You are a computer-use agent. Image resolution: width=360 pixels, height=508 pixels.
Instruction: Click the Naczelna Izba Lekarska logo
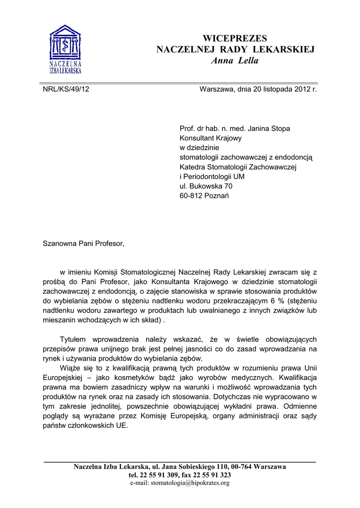[x=66, y=49]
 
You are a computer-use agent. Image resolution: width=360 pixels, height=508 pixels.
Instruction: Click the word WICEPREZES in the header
[x=235, y=38]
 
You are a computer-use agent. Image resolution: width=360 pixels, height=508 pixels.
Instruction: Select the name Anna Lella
[x=235, y=61]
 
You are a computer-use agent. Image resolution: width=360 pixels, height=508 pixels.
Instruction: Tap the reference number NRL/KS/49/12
[x=66, y=89]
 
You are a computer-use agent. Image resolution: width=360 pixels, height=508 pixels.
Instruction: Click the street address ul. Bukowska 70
[x=206, y=186]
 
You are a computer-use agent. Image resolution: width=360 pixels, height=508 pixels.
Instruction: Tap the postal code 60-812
[x=191, y=195]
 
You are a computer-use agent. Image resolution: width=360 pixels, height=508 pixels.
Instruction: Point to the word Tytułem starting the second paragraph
[x=75, y=339]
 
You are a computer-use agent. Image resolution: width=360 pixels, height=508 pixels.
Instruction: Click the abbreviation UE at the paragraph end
[x=122, y=426]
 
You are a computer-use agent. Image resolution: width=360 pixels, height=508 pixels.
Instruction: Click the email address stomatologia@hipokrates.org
[x=190, y=483]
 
